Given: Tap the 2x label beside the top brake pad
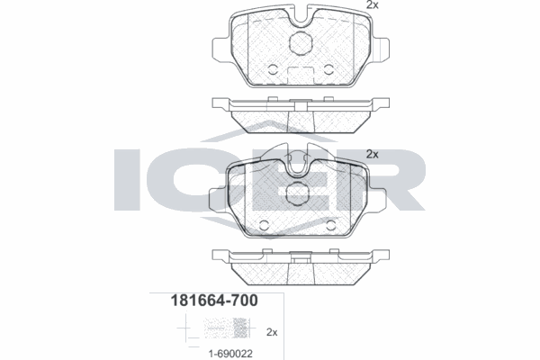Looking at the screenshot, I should coord(372,6).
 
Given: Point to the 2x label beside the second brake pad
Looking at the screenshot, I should coord(372,155).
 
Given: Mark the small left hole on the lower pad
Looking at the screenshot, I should coord(265,225).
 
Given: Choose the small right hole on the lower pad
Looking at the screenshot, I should coord(338,225).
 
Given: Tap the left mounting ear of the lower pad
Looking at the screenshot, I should coord(217,195).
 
